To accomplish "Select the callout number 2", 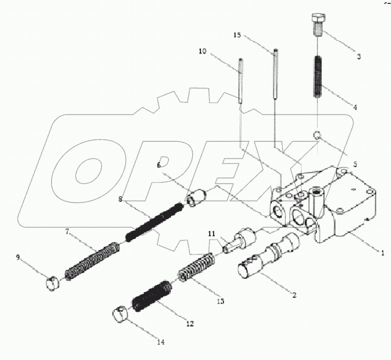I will (x=294, y=295).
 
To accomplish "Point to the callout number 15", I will (x=237, y=35).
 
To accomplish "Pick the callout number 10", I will (x=203, y=51).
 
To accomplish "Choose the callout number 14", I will (x=160, y=342).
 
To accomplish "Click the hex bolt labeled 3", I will (x=319, y=24).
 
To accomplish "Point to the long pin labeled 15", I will (x=275, y=74).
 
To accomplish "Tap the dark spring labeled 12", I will (x=152, y=297).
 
